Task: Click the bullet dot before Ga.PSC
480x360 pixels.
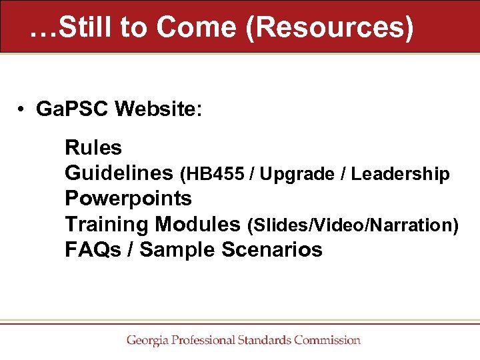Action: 22,109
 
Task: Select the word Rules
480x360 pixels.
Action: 93,147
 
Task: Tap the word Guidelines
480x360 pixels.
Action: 119,173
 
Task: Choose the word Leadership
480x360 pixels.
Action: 401,174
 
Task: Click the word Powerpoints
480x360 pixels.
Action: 128,199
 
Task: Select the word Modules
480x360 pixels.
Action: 198,225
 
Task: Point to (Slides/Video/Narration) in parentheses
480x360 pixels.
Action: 353,225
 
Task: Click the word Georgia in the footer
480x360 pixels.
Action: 147,340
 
